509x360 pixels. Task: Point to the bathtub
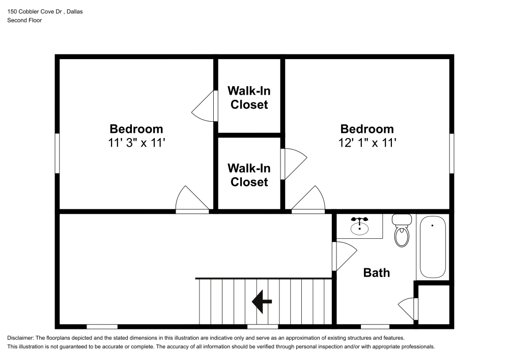[x=432, y=247]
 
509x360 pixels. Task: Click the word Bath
[x=376, y=273]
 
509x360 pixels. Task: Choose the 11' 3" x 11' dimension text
[x=136, y=143]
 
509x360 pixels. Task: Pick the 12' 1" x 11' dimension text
[x=367, y=143]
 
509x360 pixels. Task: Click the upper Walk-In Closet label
[x=249, y=98]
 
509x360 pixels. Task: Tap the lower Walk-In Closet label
[x=249, y=175]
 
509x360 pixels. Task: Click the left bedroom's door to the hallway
[x=191, y=200]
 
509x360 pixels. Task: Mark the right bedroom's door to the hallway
[x=309, y=200]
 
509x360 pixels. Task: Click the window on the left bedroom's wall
[x=58, y=153]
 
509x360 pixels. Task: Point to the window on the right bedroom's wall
[x=451, y=153]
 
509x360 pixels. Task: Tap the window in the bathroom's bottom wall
[x=375, y=326]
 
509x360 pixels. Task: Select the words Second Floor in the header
[x=24, y=20]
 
